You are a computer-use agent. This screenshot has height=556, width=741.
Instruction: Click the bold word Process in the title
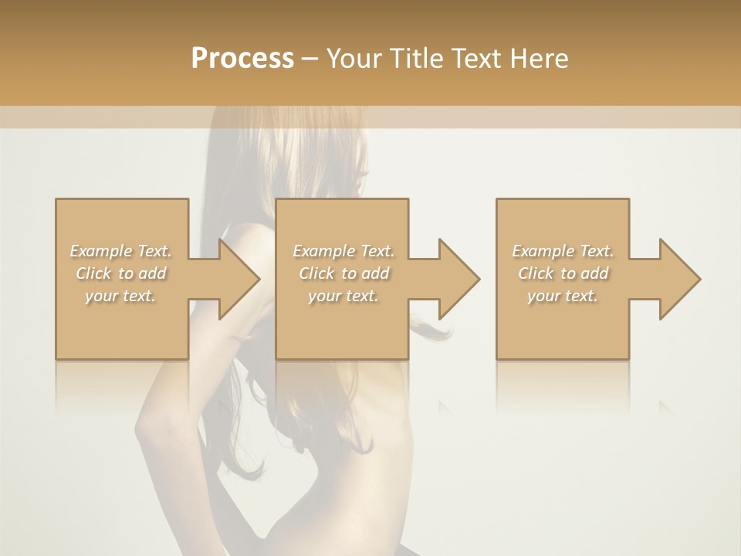(242, 59)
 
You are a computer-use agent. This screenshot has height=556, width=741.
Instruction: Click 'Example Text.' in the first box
(120, 251)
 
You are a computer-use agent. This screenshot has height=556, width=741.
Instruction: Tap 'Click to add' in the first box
(120, 273)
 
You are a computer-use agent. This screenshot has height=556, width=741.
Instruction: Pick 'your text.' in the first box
(120, 295)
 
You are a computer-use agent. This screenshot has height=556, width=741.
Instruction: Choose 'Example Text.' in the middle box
(343, 251)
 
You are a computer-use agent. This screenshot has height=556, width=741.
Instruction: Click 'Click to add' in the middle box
(343, 273)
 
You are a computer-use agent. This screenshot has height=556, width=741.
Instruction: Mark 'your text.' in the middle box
(343, 295)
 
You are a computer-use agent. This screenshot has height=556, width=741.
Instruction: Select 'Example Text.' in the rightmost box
(563, 251)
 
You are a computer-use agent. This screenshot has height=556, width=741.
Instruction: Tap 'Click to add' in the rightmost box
(563, 273)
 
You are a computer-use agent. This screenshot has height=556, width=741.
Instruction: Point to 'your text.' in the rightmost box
(563, 295)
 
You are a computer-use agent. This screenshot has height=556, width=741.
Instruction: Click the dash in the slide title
(310, 59)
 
